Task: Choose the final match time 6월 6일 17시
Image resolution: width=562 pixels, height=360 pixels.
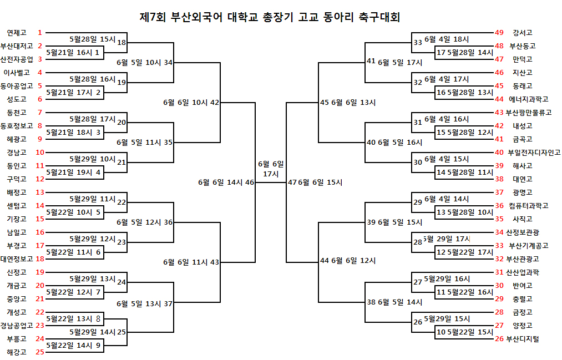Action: (x=271, y=169)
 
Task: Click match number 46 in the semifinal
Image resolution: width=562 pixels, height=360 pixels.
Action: (x=250, y=182)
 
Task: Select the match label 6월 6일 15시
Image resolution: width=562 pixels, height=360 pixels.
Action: (x=320, y=182)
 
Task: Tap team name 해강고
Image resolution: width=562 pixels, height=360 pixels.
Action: (x=17, y=352)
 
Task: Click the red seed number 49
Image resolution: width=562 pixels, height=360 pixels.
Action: (x=499, y=33)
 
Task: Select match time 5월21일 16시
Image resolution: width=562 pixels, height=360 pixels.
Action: (x=69, y=53)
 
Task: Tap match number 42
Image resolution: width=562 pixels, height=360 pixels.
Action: (x=215, y=102)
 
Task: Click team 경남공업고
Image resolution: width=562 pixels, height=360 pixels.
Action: (x=17, y=326)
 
